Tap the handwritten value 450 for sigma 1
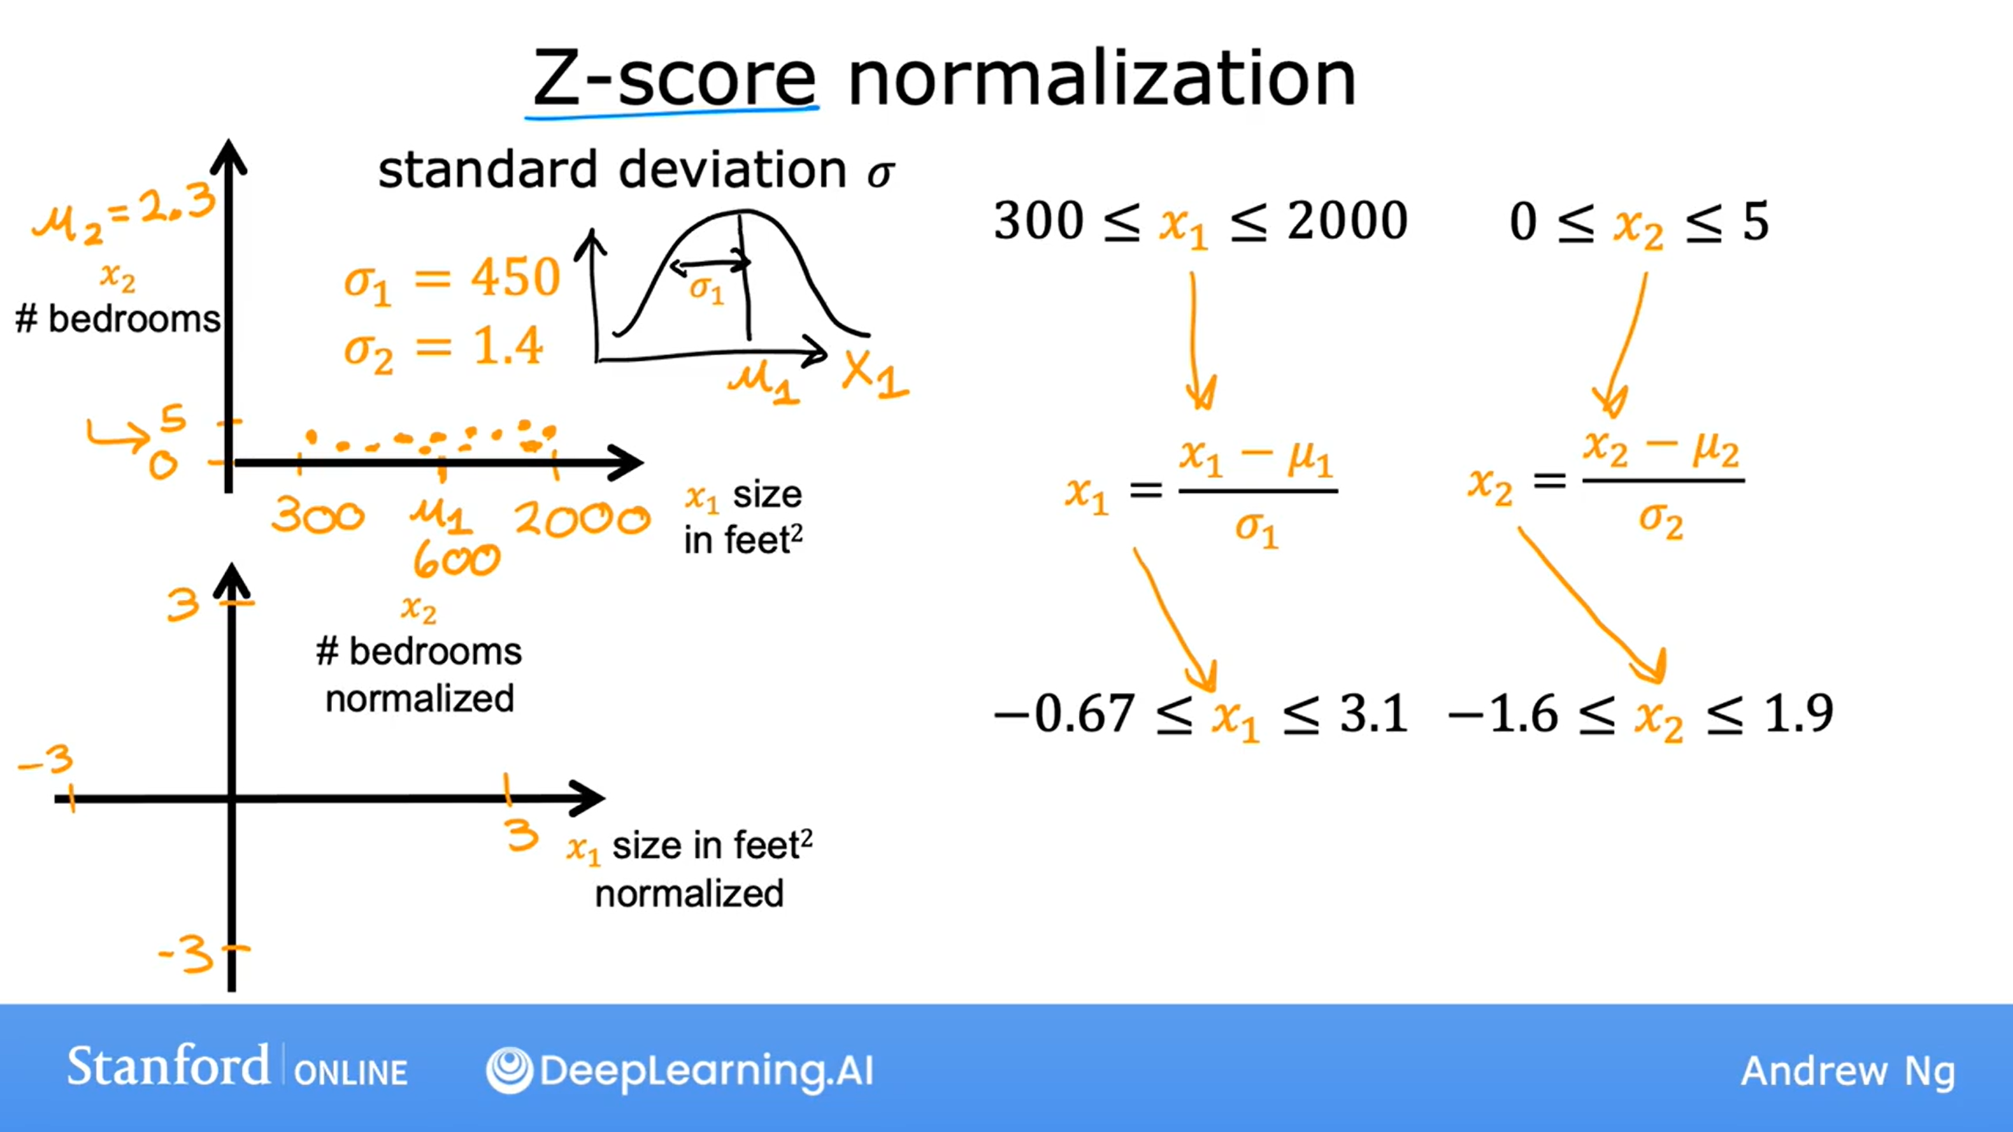click(517, 277)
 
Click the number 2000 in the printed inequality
click(1347, 221)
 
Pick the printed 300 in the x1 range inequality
click(1038, 221)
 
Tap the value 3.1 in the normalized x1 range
click(1374, 713)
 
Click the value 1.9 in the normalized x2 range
click(1798, 713)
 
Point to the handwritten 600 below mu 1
click(457, 559)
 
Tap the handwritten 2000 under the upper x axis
click(582, 518)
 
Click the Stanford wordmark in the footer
click(168, 1066)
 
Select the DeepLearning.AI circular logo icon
click(510, 1070)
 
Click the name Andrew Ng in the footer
click(1848, 1072)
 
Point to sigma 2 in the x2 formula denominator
click(1661, 520)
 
